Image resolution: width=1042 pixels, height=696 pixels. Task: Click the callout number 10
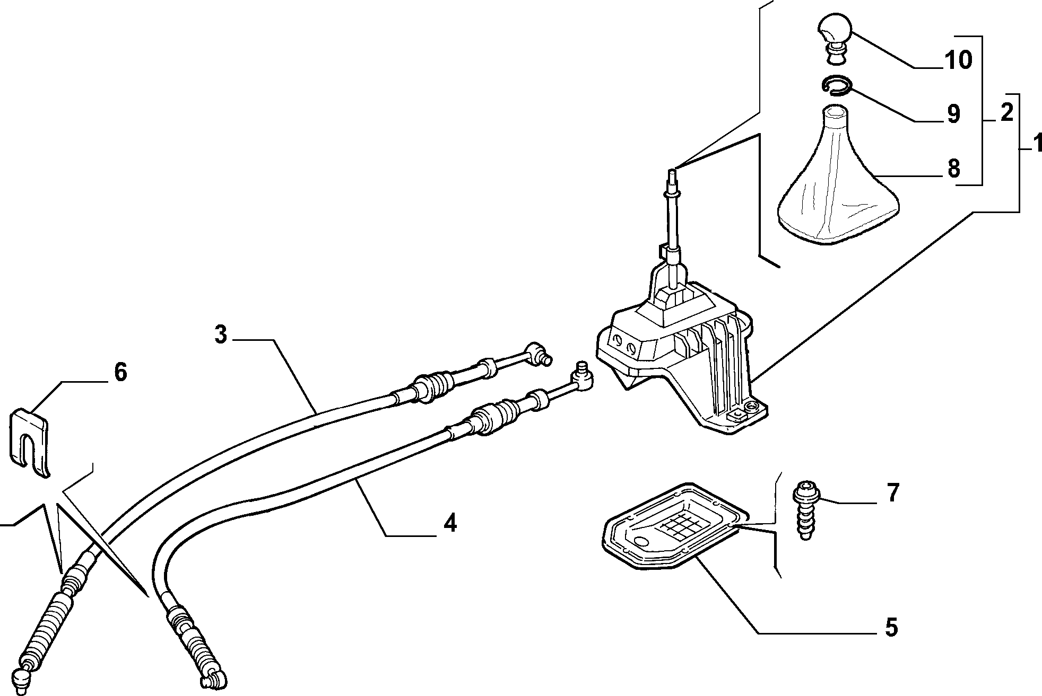958,60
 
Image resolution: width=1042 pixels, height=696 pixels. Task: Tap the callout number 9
953,113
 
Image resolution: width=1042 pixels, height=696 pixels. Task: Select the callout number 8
953,169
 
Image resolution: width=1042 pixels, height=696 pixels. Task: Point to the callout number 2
1006,112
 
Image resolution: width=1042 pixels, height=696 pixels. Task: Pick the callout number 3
221,334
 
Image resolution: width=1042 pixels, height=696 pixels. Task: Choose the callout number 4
449,523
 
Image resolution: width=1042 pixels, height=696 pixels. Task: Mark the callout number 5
891,627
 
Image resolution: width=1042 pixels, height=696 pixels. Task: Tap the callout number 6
120,372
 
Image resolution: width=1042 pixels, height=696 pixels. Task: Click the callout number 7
893,493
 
